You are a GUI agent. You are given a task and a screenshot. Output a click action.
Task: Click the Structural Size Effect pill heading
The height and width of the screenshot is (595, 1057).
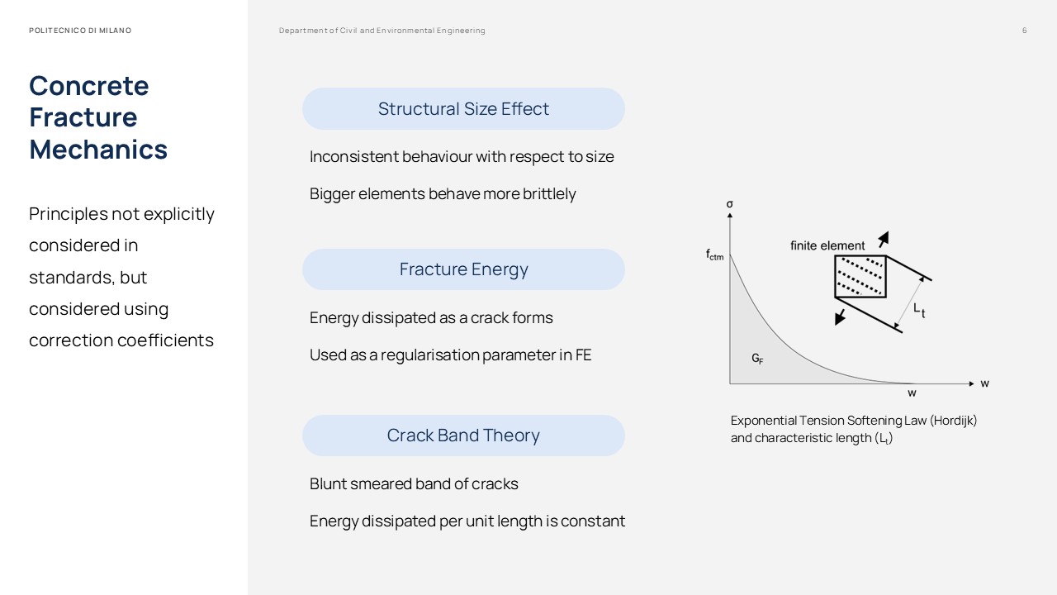(x=463, y=109)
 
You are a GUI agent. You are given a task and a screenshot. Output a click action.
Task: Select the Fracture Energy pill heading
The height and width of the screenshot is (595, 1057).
(x=463, y=269)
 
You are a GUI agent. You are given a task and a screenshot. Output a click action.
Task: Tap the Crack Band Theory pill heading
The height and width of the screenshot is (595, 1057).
(x=463, y=436)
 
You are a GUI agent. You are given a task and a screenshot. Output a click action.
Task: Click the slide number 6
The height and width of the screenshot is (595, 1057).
(x=1025, y=31)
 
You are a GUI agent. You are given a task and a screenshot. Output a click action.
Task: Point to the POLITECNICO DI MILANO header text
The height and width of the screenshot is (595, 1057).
(x=80, y=31)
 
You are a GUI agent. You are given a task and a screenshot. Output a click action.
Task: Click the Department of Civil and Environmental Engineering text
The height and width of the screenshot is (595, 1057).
(x=382, y=31)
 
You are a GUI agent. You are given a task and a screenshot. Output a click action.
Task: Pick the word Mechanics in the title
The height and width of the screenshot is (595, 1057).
(x=98, y=150)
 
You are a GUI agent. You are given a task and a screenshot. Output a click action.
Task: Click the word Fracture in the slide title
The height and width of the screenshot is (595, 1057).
(x=83, y=117)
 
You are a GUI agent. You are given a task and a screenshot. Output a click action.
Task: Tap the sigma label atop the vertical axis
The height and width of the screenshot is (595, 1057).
(x=730, y=204)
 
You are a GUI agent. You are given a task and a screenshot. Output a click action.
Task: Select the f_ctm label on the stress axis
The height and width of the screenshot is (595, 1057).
(x=714, y=255)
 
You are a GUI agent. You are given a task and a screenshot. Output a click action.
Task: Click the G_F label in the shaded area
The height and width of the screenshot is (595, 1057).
(x=757, y=359)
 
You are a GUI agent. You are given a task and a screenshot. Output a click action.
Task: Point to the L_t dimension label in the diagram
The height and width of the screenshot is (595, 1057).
(x=919, y=310)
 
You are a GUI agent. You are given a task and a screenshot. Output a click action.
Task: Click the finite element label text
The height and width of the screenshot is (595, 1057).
(x=827, y=245)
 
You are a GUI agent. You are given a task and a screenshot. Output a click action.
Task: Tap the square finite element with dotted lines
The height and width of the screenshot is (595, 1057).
(x=860, y=276)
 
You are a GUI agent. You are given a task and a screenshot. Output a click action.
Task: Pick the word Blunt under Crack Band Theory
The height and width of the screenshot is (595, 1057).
(x=327, y=484)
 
